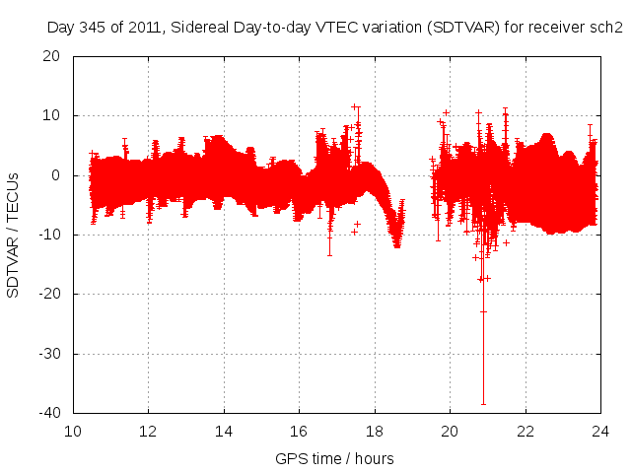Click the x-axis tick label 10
[73, 431]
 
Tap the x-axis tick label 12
[149, 431]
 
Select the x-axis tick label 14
[224, 431]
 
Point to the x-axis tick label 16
[299, 431]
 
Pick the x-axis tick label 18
[375, 431]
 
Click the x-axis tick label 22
[525, 431]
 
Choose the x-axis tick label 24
[599, 431]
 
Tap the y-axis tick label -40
[53, 412]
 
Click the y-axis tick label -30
[53, 353]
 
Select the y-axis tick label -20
[53, 294]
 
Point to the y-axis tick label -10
[53, 235]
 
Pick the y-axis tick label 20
[57, 56]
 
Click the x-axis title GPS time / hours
[335, 458]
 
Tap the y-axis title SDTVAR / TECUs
[14, 234]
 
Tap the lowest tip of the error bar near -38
[483, 404]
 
